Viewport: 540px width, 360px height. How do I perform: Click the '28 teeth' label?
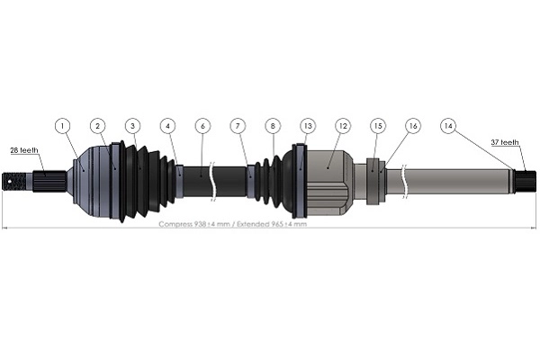coord(24,149)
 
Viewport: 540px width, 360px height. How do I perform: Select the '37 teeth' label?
coord(505,142)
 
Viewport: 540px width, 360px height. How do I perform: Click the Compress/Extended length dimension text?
coord(232,224)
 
